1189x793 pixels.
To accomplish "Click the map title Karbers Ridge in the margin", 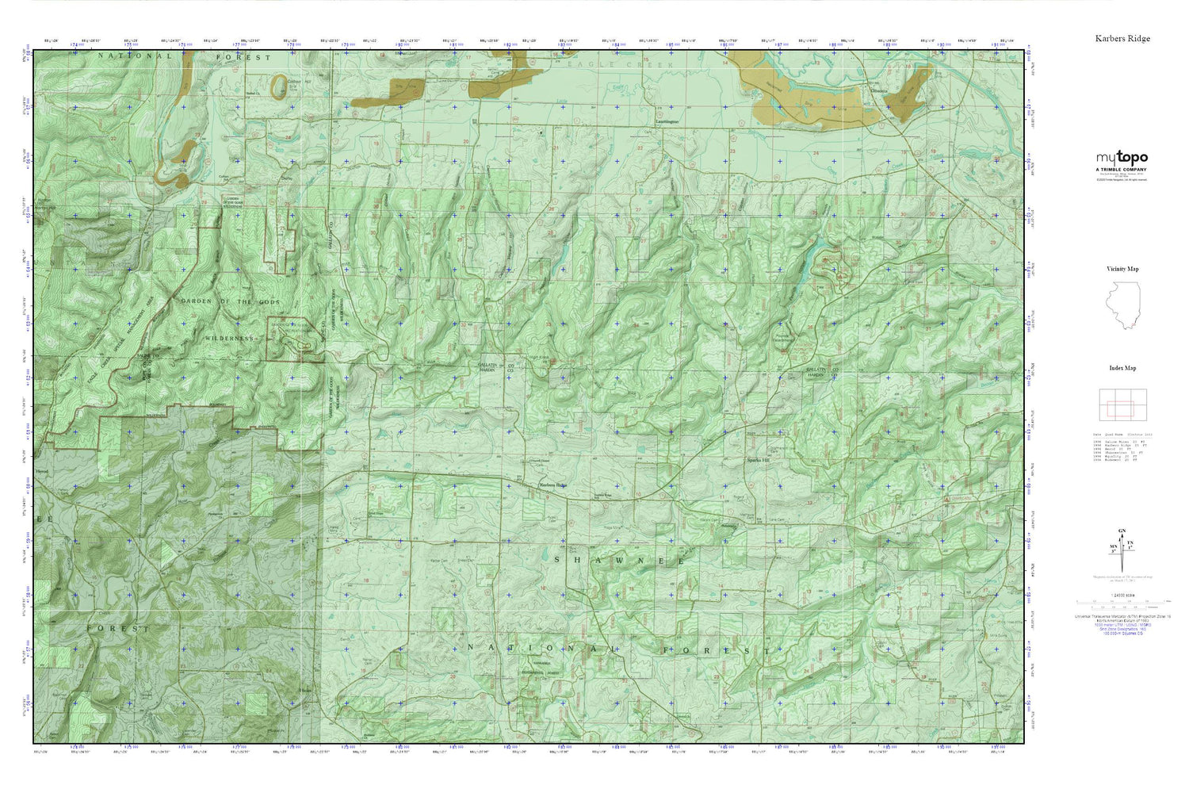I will coord(1122,38).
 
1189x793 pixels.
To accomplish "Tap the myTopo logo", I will coord(1122,158).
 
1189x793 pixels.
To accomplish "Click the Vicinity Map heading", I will coord(1122,269).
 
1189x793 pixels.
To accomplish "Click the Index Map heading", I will coord(1122,368).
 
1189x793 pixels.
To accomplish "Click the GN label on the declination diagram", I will coord(1121,531).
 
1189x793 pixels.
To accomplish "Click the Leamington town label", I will coord(667,122).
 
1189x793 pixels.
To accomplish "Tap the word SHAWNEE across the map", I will coord(617,561).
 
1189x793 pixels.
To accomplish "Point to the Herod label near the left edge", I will coord(43,470).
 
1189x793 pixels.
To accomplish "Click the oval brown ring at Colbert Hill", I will coord(279,86).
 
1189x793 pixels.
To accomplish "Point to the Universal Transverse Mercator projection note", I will coord(1122,616).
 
